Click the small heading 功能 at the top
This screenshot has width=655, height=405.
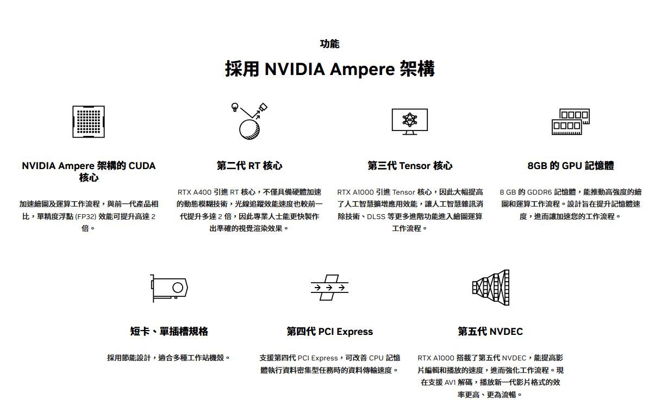click(x=329, y=44)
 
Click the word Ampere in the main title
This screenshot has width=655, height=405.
click(x=361, y=70)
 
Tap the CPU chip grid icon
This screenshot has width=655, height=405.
click(x=88, y=121)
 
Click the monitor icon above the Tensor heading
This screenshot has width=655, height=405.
click(x=409, y=121)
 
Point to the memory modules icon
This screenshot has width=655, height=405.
click(x=570, y=122)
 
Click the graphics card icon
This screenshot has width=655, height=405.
click(x=169, y=288)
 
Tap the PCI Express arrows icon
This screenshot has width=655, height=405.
click(x=329, y=288)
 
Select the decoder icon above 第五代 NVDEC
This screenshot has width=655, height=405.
click(x=490, y=287)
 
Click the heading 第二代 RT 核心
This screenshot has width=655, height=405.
click(x=249, y=166)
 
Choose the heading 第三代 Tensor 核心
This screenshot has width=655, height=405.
click(x=409, y=166)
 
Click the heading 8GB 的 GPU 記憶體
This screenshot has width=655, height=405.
click(x=570, y=166)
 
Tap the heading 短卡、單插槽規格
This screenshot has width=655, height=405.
click(x=169, y=332)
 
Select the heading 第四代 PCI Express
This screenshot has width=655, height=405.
click(x=329, y=332)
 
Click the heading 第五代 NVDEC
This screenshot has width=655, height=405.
click(x=490, y=332)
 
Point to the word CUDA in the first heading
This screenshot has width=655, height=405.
click(x=142, y=166)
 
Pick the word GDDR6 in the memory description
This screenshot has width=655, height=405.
click(x=539, y=192)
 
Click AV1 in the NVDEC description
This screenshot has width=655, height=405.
click(x=450, y=383)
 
